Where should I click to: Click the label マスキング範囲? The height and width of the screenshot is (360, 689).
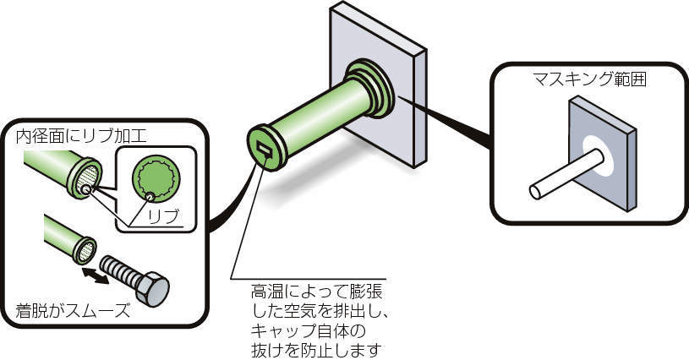(589, 79)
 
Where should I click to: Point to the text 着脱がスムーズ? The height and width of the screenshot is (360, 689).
(73, 311)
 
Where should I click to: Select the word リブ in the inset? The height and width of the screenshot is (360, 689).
(163, 217)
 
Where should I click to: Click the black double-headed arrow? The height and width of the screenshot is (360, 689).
(96, 275)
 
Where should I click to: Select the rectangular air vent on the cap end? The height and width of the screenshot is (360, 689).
(265, 151)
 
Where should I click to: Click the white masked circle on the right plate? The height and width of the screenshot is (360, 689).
(598, 155)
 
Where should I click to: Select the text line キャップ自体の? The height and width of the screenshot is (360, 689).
(308, 330)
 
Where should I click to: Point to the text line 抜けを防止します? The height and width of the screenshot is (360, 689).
(315, 350)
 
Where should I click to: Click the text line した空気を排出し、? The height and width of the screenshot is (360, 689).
(319, 311)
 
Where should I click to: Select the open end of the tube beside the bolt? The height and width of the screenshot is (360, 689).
(86, 250)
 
